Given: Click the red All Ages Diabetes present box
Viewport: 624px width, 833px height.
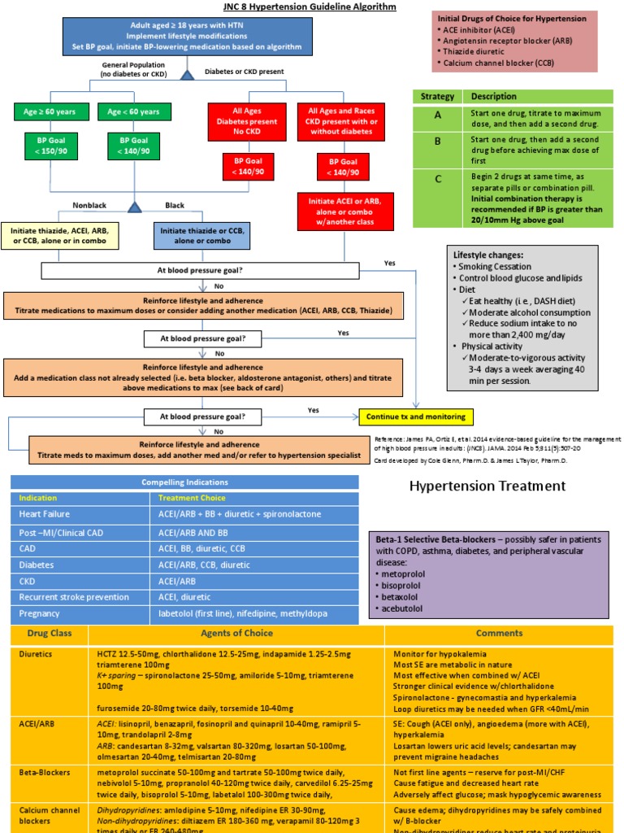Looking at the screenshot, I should tap(247, 120).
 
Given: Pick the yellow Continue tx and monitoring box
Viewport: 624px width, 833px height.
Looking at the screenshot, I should tap(416, 416).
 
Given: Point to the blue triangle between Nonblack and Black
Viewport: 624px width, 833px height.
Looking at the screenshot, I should tap(136, 206).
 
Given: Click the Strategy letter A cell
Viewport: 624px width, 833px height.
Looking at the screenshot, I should tap(438, 115).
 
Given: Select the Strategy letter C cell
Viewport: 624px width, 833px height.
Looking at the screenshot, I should tap(438, 180).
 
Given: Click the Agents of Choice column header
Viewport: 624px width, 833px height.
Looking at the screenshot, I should tap(236, 633).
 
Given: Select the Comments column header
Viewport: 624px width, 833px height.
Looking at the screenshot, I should tap(499, 633).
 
